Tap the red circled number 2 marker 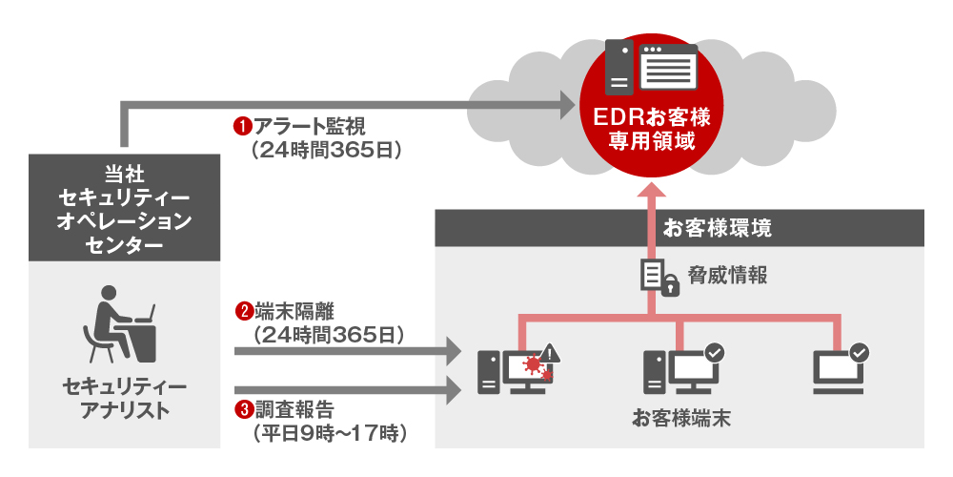tap(244, 311)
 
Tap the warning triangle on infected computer tap(554, 354)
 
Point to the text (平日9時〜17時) tap(329, 434)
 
